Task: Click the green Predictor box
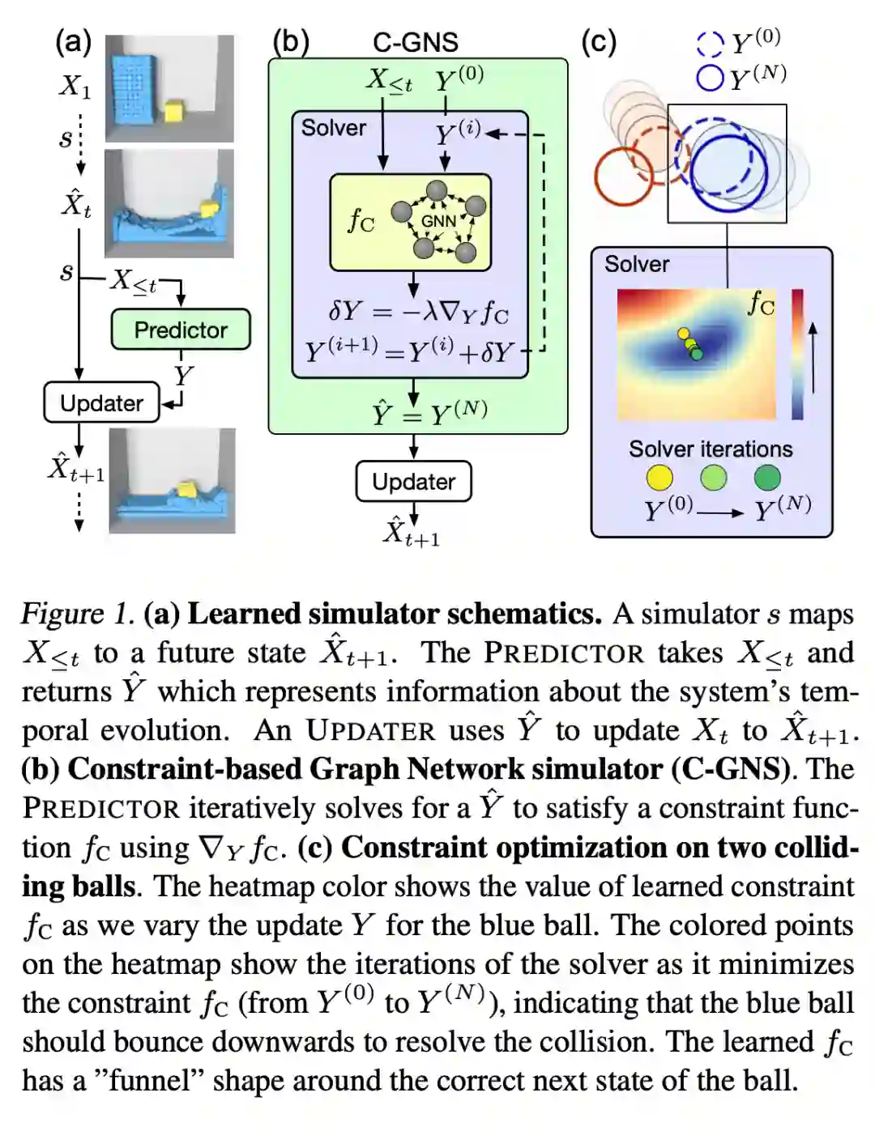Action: point(181,330)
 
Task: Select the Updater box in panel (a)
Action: point(101,402)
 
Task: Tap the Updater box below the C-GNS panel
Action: point(413,482)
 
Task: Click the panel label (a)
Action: point(73,41)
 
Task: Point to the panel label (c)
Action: point(599,41)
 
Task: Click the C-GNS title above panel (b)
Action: point(415,42)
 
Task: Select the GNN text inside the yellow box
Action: point(438,221)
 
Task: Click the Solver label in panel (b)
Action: point(333,128)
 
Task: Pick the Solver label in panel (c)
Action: point(637,264)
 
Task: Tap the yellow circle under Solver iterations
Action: point(659,478)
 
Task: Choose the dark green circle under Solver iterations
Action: point(766,478)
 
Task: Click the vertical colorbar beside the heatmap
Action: point(797,355)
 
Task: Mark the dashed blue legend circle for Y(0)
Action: point(710,44)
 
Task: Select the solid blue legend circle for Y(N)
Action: point(710,78)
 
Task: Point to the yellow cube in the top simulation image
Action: point(173,110)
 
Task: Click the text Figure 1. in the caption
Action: point(77,614)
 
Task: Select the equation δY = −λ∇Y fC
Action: point(418,312)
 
